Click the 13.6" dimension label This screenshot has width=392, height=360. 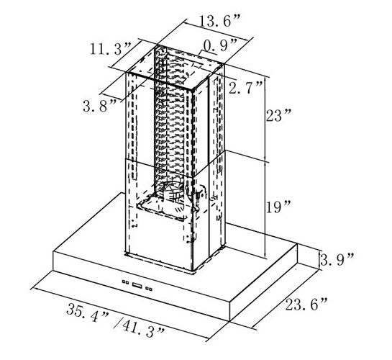point(220,20)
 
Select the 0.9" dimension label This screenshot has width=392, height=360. point(220,45)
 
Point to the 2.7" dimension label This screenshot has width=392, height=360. point(246,87)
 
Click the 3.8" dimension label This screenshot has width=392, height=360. point(99,106)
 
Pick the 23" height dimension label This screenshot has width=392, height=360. point(278,115)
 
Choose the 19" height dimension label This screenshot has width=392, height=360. point(278,207)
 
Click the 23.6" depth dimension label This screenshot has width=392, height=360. point(306,304)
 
